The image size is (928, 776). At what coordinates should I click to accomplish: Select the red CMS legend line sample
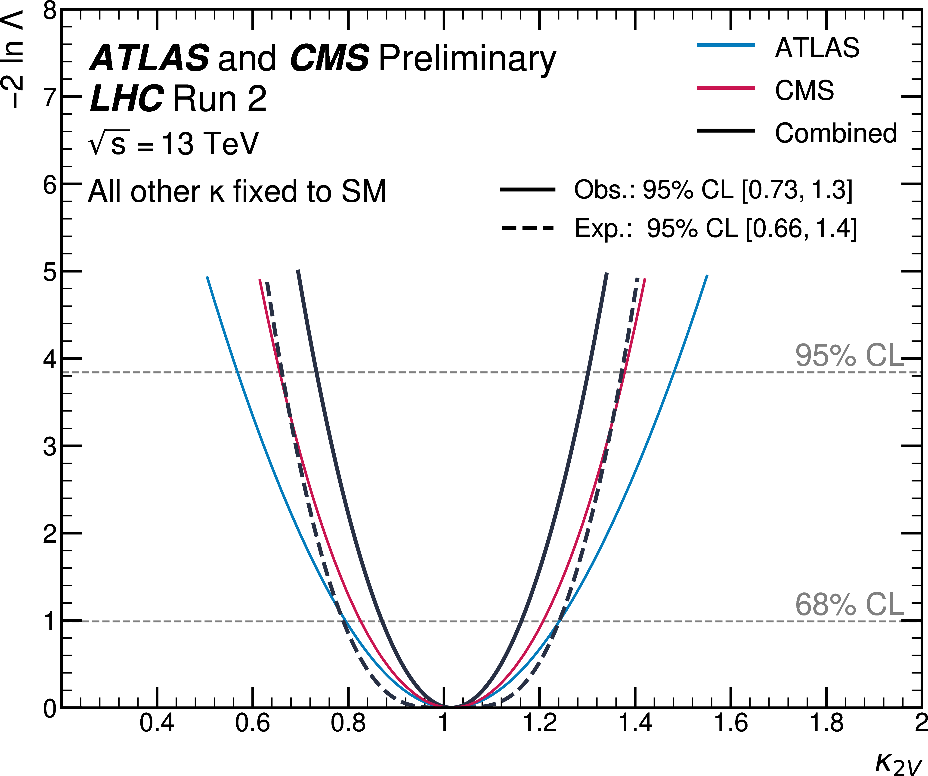click(726, 88)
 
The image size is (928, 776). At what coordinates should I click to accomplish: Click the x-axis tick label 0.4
click(157, 723)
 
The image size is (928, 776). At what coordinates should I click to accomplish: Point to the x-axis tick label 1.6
click(731, 723)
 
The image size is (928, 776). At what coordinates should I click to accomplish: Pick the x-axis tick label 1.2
click(540, 723)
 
